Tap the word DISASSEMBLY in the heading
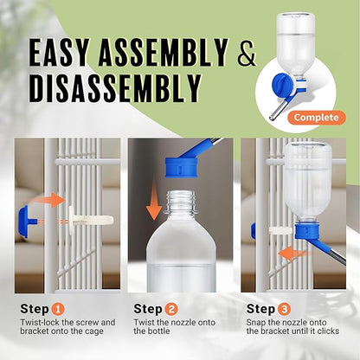[117, 88]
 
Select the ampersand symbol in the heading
[247, 55]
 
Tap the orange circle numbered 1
[57, 308]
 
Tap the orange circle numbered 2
[173, 308]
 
